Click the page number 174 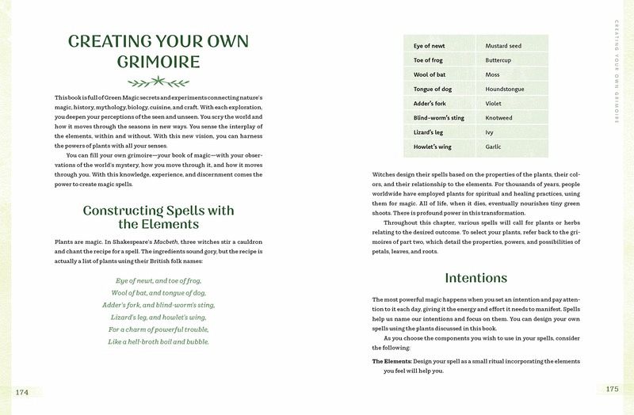[x=21, y=391]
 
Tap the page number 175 [x=612, y=389]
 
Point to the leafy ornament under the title [x=158, y=81]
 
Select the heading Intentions [x=475, y=278]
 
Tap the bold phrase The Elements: [x=391, y=361]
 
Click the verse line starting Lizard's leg [x=158, y=317]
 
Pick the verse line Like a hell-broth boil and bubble [x=158, y=341]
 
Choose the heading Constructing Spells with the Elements [x=158, y=218]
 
